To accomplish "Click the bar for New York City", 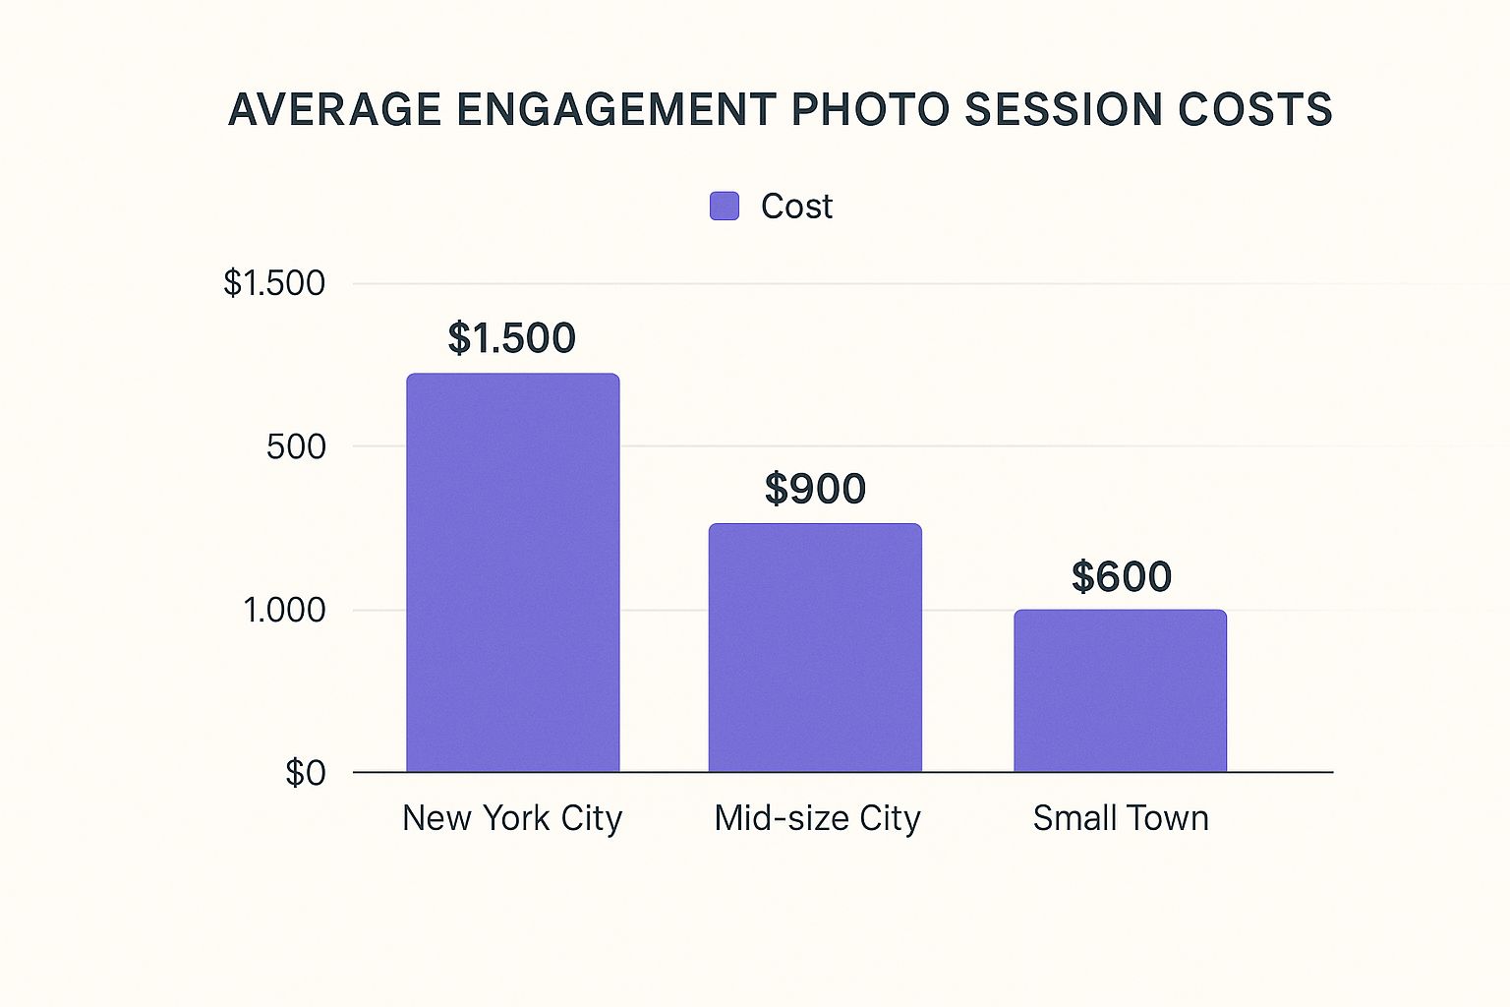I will [512, 572].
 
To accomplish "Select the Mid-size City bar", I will [815, 647].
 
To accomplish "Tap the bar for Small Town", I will [1120, 690].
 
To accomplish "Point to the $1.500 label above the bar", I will [511, 337].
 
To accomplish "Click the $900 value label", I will [815, 488].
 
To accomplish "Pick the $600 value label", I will [1121, 576].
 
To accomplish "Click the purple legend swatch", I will [725, 207].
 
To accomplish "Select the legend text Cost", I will [796, 207].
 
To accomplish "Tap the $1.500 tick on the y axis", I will [274, 283].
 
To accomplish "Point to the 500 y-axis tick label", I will [296, 446].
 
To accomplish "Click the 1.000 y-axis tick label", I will [284, 610].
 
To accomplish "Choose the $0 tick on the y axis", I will [305, 773].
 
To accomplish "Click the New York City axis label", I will [512, 818].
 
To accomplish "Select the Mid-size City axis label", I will [817, 818].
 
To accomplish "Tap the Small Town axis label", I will [1120, 818].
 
